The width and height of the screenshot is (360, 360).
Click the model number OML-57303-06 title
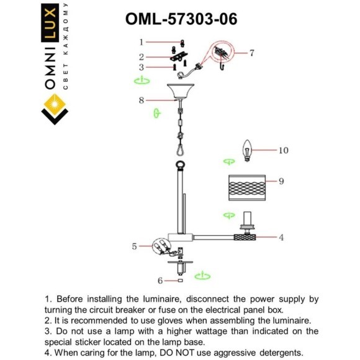coord(181,19)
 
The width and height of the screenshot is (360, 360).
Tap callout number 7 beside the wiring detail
coord(252,53)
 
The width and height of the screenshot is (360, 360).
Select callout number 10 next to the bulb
coord(283,150)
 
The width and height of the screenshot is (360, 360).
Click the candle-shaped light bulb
coord(247,151)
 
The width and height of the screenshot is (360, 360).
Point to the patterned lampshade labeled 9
coord(247,188)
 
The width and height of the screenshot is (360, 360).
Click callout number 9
coord(281,181)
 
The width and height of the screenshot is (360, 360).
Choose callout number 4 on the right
coord(281,237)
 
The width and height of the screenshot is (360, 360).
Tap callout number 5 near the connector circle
coord(134,246)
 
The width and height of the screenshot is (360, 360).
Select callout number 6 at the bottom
coord(160,281)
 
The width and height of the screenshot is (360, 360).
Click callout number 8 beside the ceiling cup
coord(141,101)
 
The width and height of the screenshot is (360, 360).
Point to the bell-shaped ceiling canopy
coord(181,91)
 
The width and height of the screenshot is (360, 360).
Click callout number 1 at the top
coord(141,42)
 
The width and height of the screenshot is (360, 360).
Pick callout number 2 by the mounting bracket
coord(141,57)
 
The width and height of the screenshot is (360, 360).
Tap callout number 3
coord(141,67)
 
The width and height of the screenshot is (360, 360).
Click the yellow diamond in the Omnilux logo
coord(55,104)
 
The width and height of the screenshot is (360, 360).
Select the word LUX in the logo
coord(50,23)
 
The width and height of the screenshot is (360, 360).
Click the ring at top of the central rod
coord(181,165)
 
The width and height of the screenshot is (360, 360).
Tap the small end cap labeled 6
coord(181,281)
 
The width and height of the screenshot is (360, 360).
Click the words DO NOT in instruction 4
coord(177,353)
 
